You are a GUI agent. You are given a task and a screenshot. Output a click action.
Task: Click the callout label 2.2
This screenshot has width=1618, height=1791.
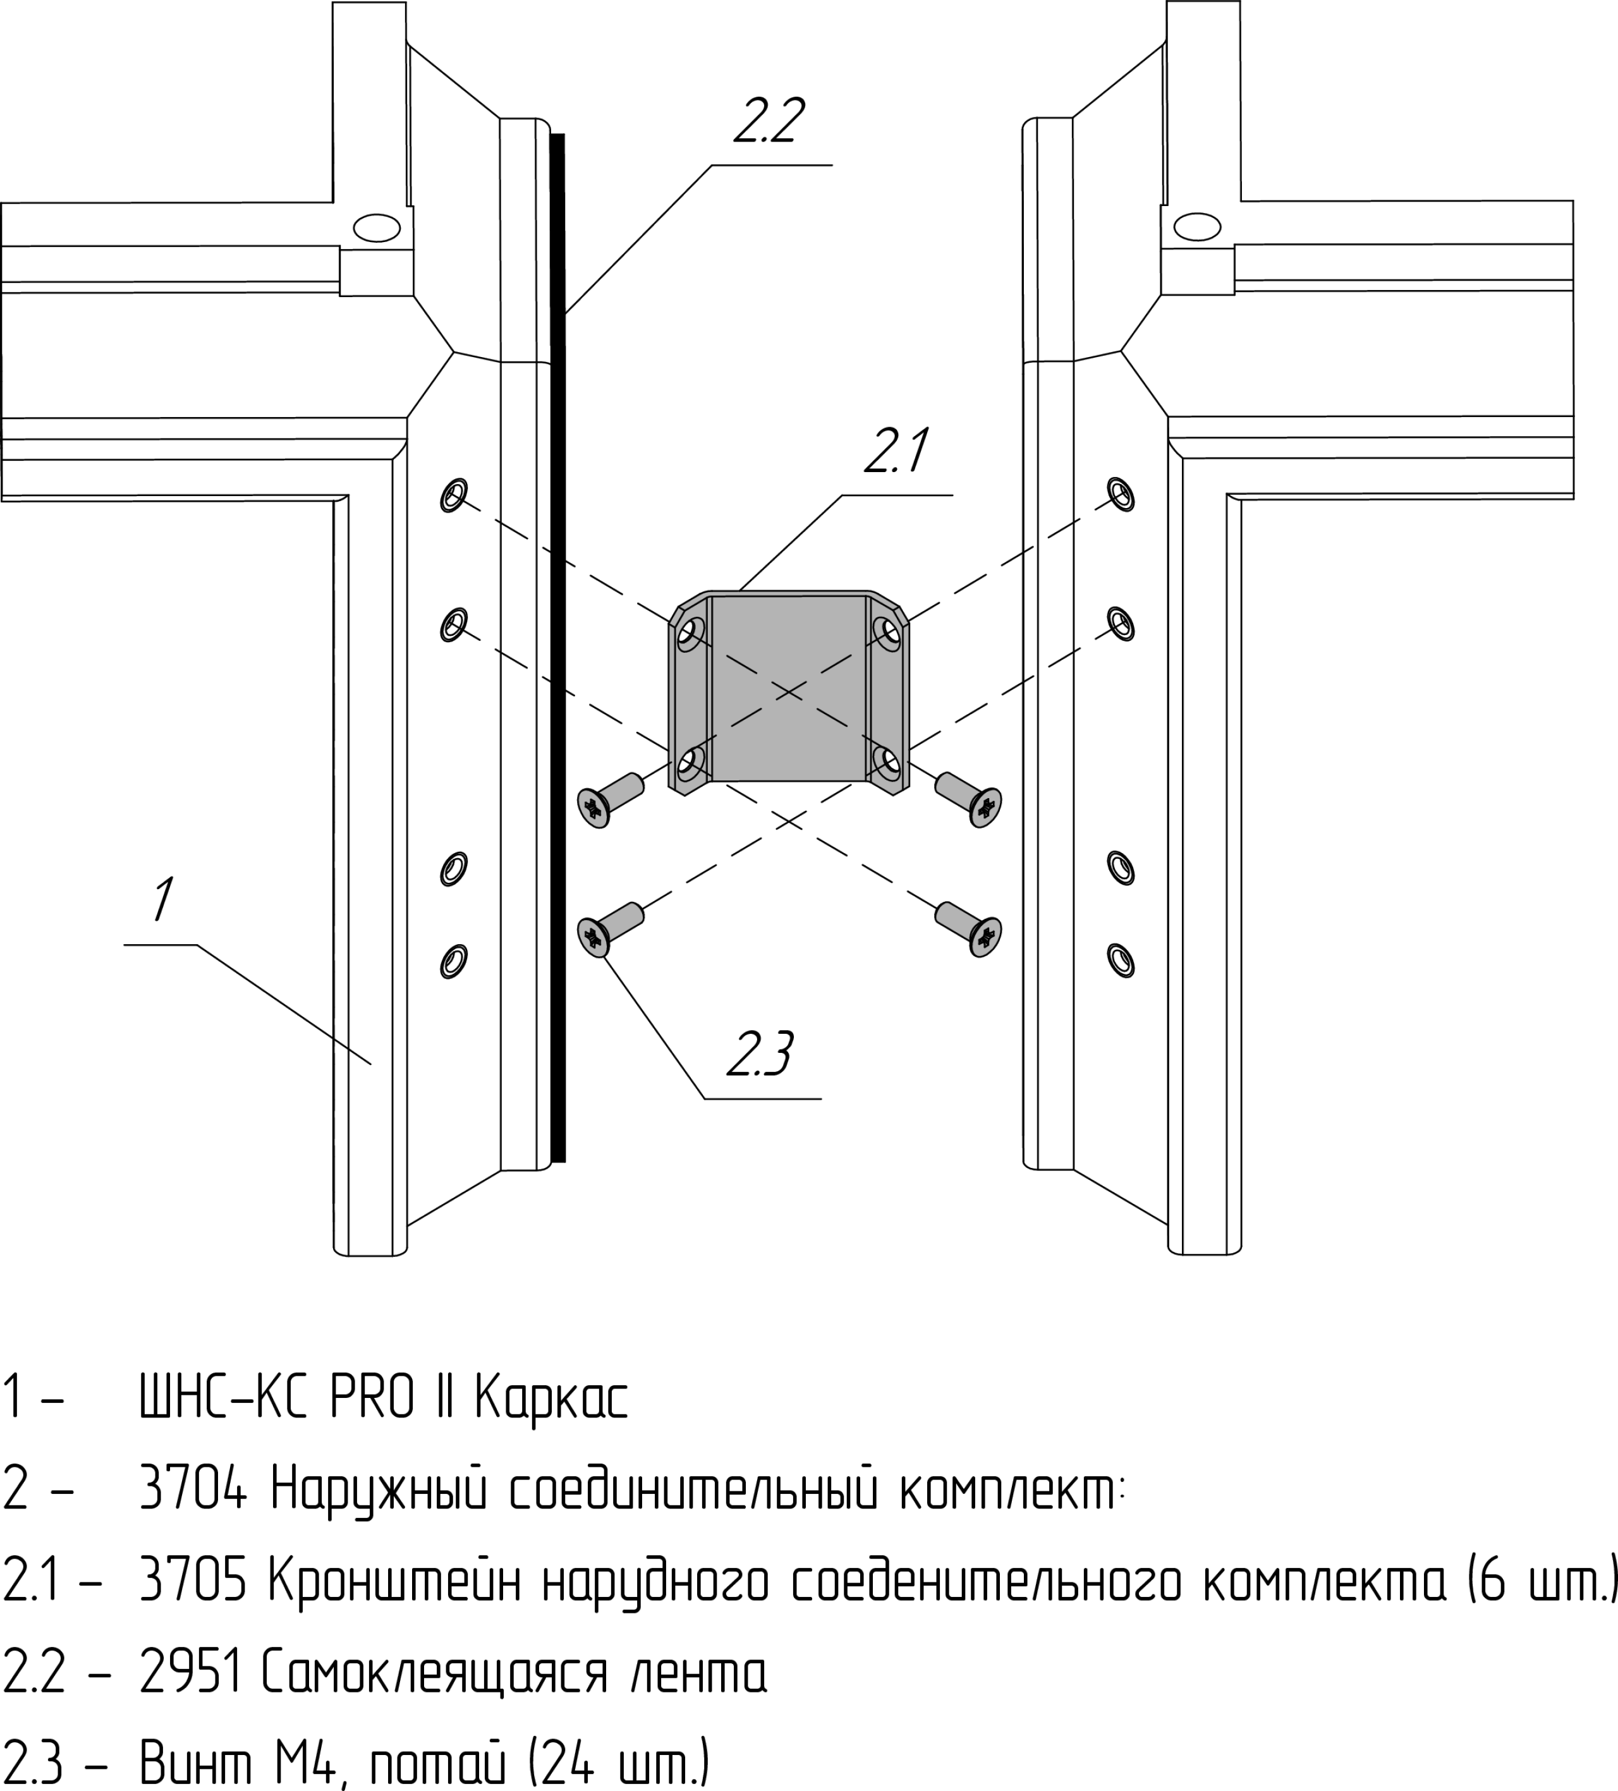point(769,122)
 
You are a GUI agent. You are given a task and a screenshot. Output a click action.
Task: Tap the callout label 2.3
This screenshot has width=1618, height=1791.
point(760,1055)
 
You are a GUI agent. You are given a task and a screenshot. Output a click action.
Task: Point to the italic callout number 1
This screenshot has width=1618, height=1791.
point(162,899)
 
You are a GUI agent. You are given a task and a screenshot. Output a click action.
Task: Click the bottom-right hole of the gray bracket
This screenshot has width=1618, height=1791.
point(887,760)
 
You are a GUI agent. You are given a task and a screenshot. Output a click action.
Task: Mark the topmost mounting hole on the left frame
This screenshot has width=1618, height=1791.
point(454,494)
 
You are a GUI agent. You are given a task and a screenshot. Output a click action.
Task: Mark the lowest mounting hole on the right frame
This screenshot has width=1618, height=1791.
point(1121,959)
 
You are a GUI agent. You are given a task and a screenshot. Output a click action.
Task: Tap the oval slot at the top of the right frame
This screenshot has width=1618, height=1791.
point(1197,226)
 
